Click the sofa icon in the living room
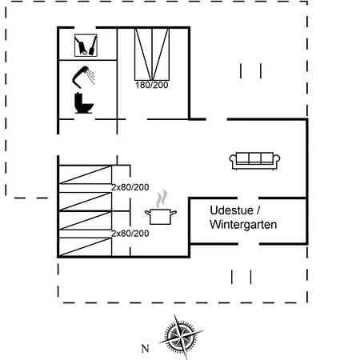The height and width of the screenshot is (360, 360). tap(254, 161)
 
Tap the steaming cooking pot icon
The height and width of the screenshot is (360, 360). tap(161, 207)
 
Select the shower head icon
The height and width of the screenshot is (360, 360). tap(83, 77)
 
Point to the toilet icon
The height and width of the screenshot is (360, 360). tap(84, 103)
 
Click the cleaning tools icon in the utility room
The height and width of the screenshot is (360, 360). tap(86, 46)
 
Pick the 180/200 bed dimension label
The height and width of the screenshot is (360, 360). tap(152, 85)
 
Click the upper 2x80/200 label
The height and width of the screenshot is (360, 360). tap(130, 187)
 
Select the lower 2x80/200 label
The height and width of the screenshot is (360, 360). tap(130, 234)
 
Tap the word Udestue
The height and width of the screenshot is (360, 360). tap(231, 210)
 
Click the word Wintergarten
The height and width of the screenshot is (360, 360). tap(243, 225)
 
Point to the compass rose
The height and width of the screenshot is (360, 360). tap(181, 336)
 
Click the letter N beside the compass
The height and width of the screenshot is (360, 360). tap(145, 349)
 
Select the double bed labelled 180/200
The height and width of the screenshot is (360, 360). tap(152, 54)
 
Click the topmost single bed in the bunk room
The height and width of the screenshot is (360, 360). tap(85, 174)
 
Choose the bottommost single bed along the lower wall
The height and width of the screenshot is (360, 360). tap(85, 247)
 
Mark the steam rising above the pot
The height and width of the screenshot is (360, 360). tap(162, 198)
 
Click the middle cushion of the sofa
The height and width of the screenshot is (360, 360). tap(254, 158)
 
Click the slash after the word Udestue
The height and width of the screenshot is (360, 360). tap(258, 210)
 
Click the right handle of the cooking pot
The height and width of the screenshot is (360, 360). tap(174, 213)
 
